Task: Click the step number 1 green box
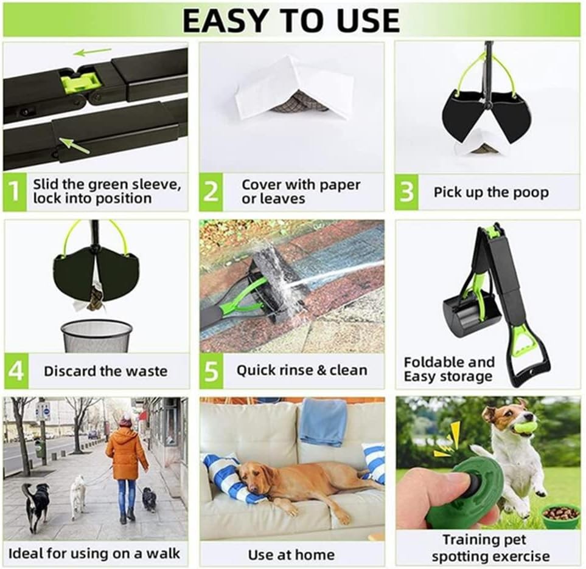click(15, 191)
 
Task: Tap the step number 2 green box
click(211, 191)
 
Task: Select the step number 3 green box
click(406, 192)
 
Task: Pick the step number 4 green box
click(16, 371)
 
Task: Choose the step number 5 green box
click(212, 371)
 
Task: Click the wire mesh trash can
click(96, 336)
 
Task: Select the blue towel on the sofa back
click(324, 421)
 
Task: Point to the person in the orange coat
click(127, 467)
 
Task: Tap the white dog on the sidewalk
click(78, 497)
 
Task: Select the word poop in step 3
click(531, 193)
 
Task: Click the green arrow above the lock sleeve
click(92, 52)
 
